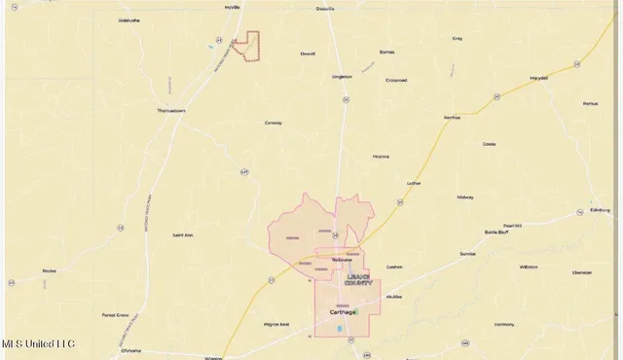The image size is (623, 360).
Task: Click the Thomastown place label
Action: coord(171,111)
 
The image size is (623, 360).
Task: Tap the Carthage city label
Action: coord(343,313)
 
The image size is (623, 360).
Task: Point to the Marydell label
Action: coord(538,78)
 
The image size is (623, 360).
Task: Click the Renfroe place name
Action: coord(451,117)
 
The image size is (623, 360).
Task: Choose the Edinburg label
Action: coord(600,209)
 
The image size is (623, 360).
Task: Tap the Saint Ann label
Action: coord(183,234)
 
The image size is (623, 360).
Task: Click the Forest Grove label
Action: coord(116,315)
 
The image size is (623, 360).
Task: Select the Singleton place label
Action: coord(342,76)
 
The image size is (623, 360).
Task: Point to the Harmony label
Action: coord(504,324)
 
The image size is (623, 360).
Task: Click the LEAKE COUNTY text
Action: coord(358,279)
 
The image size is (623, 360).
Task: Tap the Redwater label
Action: coord(342,260)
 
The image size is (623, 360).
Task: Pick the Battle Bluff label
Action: coord(496,233)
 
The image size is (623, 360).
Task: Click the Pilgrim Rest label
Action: coord(276,324)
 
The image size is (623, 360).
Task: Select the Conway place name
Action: coord(274,123)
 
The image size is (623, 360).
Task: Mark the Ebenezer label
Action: coord(582,273)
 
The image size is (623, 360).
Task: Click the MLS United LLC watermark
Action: coord(39,343)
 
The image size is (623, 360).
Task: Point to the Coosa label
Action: coord(489,143)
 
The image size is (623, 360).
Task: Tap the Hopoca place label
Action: coord(381,156)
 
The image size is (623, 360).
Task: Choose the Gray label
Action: coord(458,39)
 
